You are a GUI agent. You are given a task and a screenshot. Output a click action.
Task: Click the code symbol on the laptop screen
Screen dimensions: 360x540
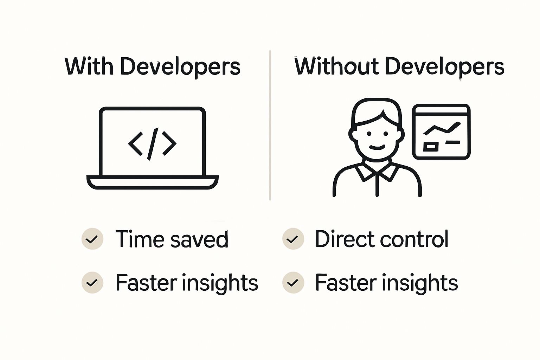(152, 143)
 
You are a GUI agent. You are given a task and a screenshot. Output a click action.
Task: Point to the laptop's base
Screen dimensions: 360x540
(152, 182)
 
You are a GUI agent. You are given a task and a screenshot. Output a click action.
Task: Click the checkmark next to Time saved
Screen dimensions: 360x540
(92, 239)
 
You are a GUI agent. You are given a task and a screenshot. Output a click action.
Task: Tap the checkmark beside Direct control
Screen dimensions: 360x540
(293, 239)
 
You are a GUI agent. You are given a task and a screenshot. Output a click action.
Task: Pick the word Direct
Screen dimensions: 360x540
(345, 239)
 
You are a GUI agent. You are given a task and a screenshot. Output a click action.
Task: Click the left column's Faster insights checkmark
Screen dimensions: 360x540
(92, 283)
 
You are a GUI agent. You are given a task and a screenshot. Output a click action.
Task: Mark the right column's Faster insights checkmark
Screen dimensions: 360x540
(293, 283)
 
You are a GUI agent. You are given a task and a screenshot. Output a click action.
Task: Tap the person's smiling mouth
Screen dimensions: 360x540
(377, 147)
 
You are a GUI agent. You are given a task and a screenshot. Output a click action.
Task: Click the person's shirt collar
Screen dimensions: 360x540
(377, 172)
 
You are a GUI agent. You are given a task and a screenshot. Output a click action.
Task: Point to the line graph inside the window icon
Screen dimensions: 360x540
(442, 129)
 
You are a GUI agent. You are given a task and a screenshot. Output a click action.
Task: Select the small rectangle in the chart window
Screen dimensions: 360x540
(430, 146)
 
